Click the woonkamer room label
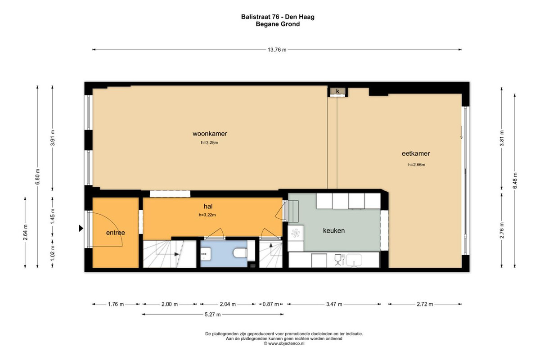coord(210,134)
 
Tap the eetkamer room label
coord(416,153)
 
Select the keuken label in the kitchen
coord(334,231)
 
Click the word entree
coord(116,233)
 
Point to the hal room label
coord(208,207)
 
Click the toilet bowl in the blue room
coord(240,253)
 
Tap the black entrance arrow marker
coord(81,228)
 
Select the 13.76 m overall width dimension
coord(277,49)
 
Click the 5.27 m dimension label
coord(212,315)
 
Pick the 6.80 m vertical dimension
coord(38,177)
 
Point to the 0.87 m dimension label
coord(271,304)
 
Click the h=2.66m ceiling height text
coord(417,165)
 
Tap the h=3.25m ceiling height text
coord(210,143)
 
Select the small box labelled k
coord(337,91)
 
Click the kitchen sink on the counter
coord(354,260)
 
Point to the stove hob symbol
coord(296,233)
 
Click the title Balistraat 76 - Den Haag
coord(278,17)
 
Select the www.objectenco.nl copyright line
coord(284,344)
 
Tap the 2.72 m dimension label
coord(425,304)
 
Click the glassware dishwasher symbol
coord(339,260)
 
